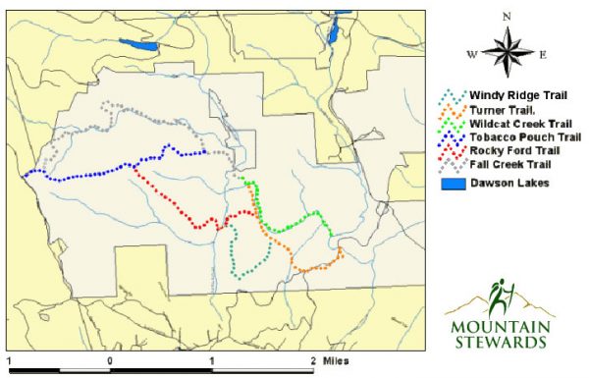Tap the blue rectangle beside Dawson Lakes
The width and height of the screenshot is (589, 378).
(x=450, y=183)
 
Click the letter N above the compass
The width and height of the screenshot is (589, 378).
(x=506, y=17)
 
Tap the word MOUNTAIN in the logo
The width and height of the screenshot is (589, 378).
(x=502, y=326)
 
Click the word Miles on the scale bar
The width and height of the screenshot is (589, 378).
(x=335, y=360)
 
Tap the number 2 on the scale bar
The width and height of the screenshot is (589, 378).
(x=313, y=360)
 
